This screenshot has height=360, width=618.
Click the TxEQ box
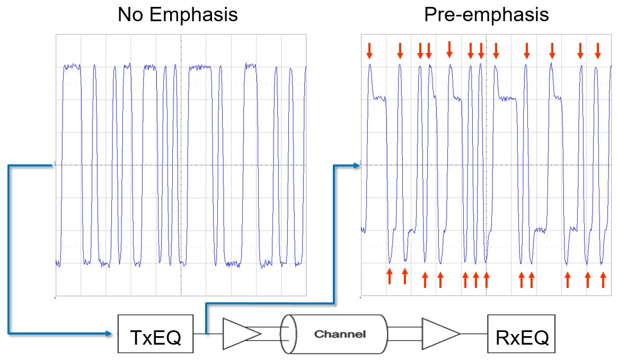(155, 334)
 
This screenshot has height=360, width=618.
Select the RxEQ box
(521, 334)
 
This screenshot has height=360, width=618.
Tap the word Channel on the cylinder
(339, 334)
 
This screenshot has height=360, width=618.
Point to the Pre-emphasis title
(486, 14)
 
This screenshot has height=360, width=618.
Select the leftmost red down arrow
(369, 51)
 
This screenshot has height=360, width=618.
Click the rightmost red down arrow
(598, 51)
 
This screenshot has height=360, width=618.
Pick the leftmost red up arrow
(390, 275)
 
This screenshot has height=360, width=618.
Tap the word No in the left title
(130, 14)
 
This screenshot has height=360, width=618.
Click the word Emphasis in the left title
(193, 14)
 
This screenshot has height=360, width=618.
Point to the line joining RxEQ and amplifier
(474, 334)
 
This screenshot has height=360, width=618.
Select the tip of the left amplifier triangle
(260, 334)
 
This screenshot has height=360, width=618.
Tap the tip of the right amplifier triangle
(459, 334)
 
